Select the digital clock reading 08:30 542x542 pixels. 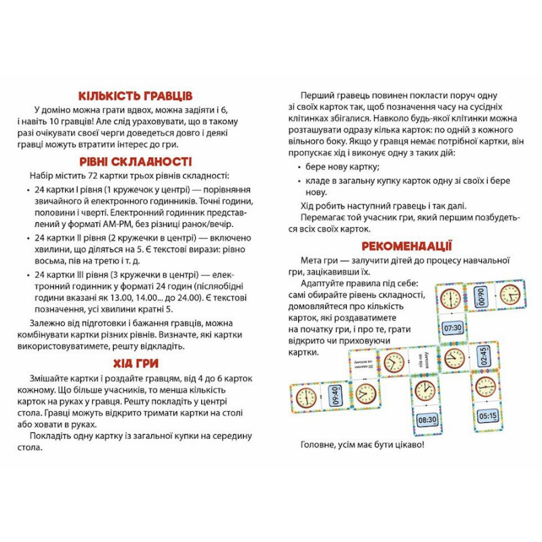coord(427,419)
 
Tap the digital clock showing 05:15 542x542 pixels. coord(488,415)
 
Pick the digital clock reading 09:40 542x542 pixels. coord(333,396)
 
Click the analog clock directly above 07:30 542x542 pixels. coord(451,298)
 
